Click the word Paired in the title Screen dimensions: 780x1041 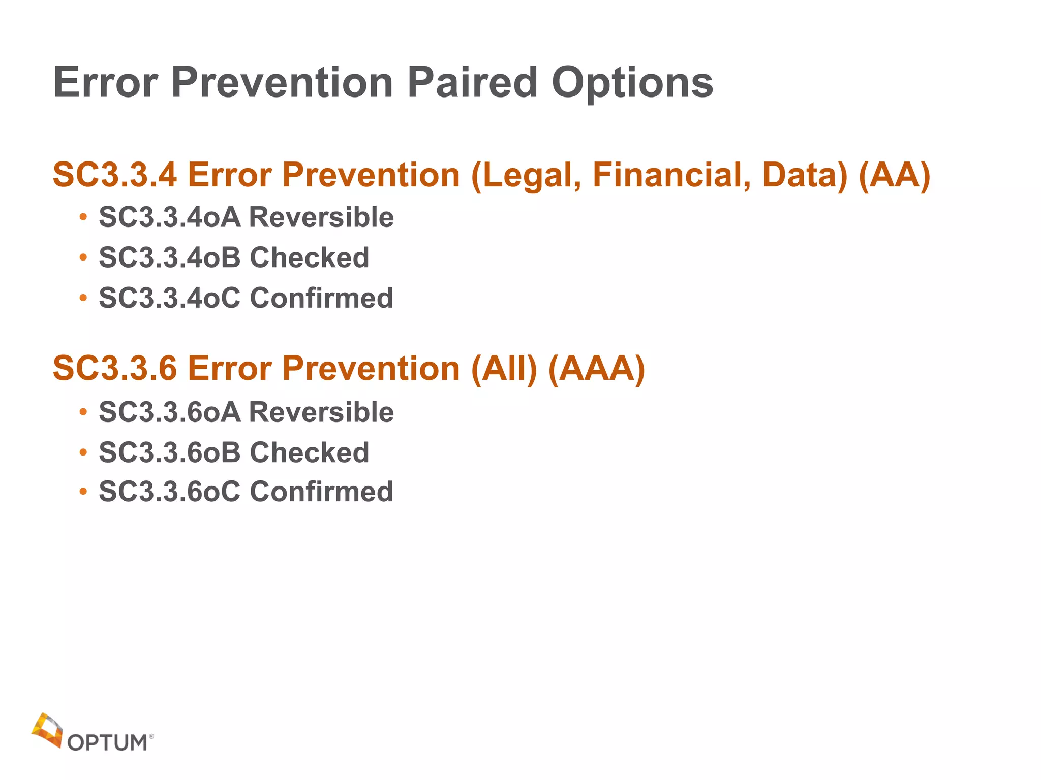pyautogui.click(x=472, y=82)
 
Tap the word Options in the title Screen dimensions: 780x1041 pyautogui.click(x=632, y=83)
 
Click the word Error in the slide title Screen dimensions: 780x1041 pyautogui.click(x=106, y=82)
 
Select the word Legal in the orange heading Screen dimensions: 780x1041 pyautogui.click(x=526, y=175)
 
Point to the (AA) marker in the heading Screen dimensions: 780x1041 pyautogui.click(x=894, y=175)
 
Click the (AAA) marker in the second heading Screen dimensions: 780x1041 pyautogui.click(x=596, y=368)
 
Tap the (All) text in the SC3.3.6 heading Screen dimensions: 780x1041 pyautogui.click(x=504, y=368)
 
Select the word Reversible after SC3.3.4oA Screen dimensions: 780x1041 pyautogui.click(x=321, y=217)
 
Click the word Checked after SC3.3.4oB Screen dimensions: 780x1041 pyautogui.click(x=309, y=257)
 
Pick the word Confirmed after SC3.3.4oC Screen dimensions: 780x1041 pyautogui.click(x=321, y=298)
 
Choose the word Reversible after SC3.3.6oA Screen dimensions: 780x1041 pyautogui.click(x=321, y=412)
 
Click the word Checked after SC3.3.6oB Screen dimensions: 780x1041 pyautogui.click(x=309, y=452)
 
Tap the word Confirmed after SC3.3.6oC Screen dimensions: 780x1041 pyautogui.click(x=321, y=492)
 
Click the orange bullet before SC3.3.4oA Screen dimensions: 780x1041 pyautogui.click(x=83, y=218)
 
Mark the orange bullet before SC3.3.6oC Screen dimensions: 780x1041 pyautogui.click(x=83, y=492)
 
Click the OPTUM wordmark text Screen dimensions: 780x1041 pyautogui.click(x=107, y=743)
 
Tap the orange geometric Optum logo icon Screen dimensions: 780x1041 pyautogui.click(x=47, y=729)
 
